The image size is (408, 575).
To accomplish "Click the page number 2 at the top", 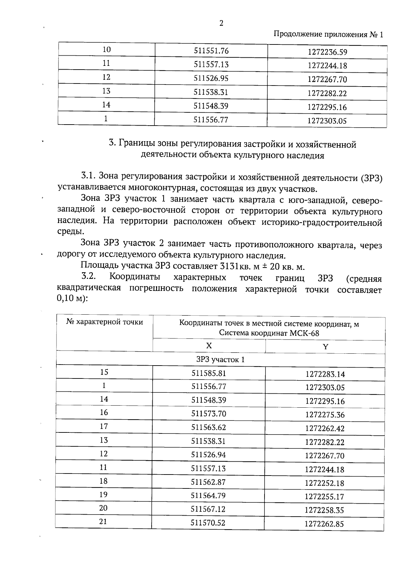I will pyautogui.click(x=221, y=23).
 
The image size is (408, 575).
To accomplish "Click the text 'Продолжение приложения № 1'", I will pyautogui.click(x=328, y=35).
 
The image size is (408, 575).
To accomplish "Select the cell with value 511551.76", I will pyautogui.click(x=211, y=51).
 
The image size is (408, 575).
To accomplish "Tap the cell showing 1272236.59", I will pyautogui.click(x=327, y=52).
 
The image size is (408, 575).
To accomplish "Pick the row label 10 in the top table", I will pyautogui.click(x=106, y=50).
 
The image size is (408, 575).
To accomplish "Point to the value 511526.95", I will pyautogui.click(x=211, y=78).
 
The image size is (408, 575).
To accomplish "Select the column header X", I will pyautogui.click(x=209, y=346).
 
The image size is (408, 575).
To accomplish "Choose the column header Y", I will pyautogui.click(x=325, y=347).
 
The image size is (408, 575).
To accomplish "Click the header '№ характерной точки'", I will pyautogui.click(x=105, y=322).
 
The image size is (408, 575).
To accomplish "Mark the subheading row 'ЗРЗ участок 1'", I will pyautogui.click(x=220, y=360).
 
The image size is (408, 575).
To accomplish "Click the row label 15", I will pyautogui.click(x=104, y=372).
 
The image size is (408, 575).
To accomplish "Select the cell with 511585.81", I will pyautogui.click(x=209, y=373).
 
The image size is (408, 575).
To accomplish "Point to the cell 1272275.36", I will pyautogui.click(x=325, y=415).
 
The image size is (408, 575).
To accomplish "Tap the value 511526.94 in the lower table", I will pyautogui.click(x=208, y=455).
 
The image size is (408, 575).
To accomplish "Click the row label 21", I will pyautogui.click(x=103, y=522).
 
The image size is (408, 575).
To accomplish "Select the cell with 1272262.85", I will pyautogui.click(x=324, y=524).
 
